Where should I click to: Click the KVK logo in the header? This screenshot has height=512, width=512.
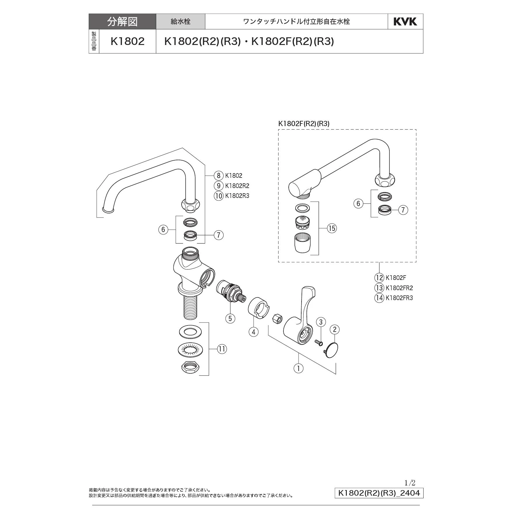click(405, 22)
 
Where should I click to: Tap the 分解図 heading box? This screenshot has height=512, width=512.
click(122, 22)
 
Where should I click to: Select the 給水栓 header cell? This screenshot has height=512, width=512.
click(180, 22)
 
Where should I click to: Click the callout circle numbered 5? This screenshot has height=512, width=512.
click(230, 318)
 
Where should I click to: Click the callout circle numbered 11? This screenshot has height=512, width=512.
click(222, 349)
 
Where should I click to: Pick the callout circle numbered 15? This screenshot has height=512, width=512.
click(332, 228)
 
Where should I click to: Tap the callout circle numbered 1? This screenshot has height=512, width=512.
click(298, 368)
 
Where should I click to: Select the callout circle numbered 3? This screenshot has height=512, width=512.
click(321, 322)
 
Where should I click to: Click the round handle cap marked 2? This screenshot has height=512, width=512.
click(331, 350)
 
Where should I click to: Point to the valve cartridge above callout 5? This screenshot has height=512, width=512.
click(231, 292)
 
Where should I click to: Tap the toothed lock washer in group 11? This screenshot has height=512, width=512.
click(190, 349)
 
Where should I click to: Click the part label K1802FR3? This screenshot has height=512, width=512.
click(399, 298)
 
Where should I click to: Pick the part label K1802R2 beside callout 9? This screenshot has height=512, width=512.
click(237, 186)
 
